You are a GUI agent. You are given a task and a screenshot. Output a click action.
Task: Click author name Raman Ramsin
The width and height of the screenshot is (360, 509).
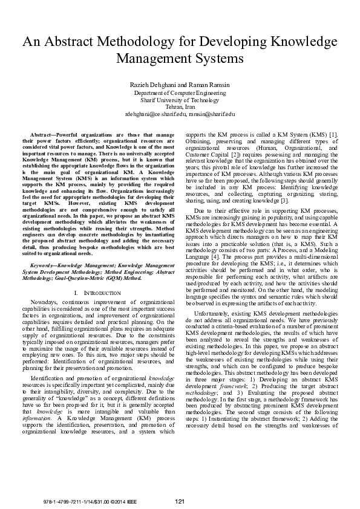209,85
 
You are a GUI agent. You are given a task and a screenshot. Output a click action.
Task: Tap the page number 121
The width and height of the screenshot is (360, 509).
180,501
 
